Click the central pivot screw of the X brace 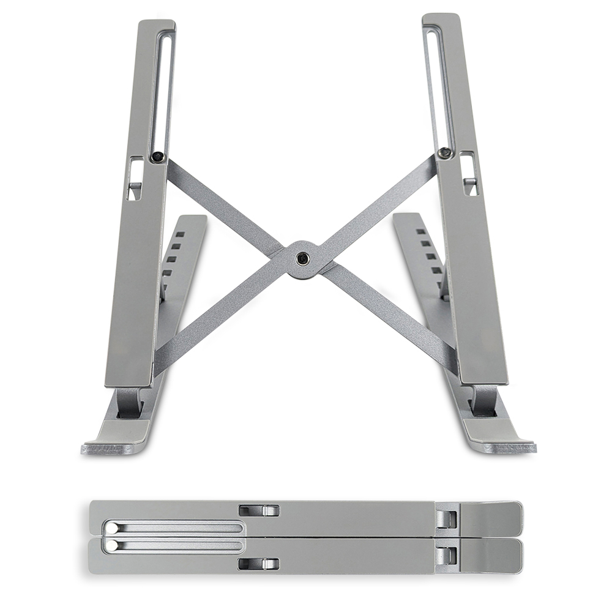301,259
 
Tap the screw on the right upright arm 445,152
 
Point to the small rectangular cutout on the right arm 469,174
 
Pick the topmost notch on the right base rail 420,232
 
